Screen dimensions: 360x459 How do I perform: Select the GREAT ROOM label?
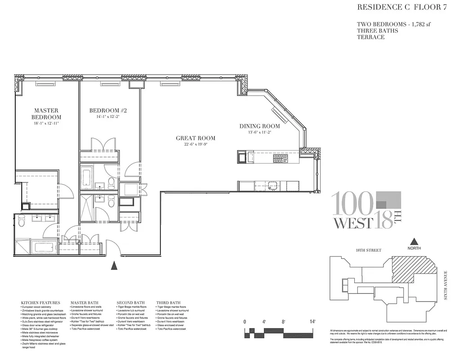pyautogui.click(x=195, y=138)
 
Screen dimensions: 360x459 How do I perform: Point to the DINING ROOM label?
pyautogui.click(x=259, y=126)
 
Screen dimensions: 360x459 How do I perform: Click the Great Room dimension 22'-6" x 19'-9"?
pyautogui.click(x=195, y=144)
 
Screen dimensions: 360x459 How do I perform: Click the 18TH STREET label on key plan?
pyautogui.click(x=368, y=250)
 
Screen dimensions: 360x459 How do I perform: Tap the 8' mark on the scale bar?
pyautogui.click(x=284, y=322)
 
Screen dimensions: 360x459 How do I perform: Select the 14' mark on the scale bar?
pyautogui.click(x=312, y=322)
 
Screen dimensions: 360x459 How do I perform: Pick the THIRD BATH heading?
pyautogui.click(x=168, y=303)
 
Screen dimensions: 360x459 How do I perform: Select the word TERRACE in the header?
pyautogui.click(x=370, y=37)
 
